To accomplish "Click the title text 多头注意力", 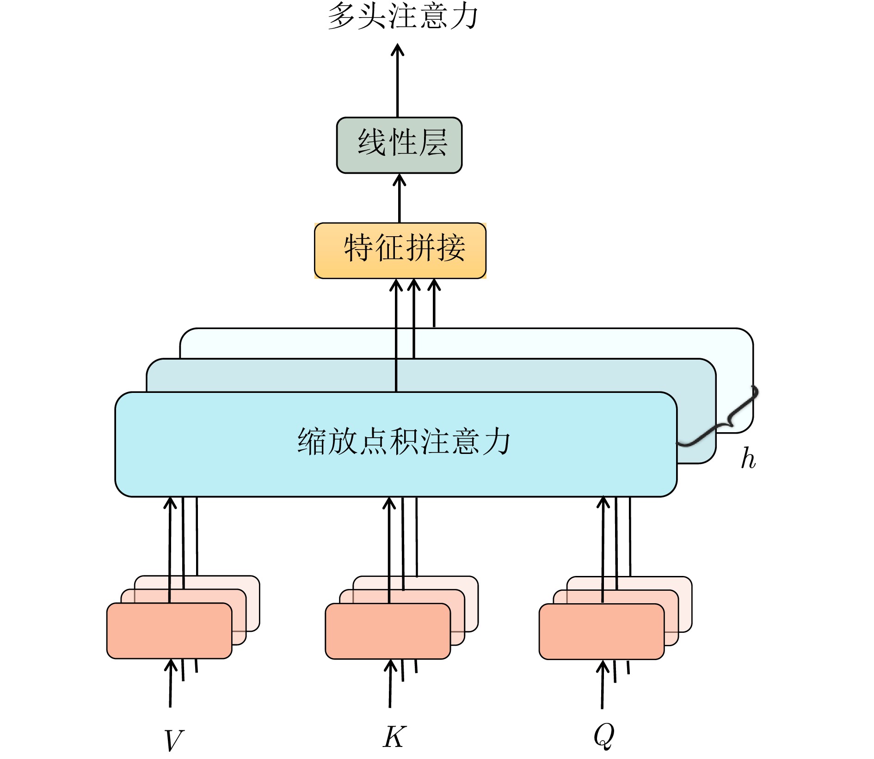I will coord(402,16).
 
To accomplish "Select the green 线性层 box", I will coord(399,145).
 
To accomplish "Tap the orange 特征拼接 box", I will coord(400,251).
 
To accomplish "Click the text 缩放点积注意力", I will coord(403,441).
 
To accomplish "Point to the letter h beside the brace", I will coord(748,459).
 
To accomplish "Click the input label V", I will coord(174,740).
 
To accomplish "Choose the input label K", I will coord(394,737).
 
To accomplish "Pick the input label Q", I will coord(604,735).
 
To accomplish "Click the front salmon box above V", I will coord(169,630).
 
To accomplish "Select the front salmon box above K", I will coord(388,631).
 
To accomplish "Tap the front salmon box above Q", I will coord(602,631).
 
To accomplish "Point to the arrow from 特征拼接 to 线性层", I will coord(400,199).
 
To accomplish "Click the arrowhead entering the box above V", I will coord(171,666).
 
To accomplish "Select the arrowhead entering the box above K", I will coord(391,667).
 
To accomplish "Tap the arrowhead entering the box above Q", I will coord(603,667).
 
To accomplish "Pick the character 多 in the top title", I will coord(343,17).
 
